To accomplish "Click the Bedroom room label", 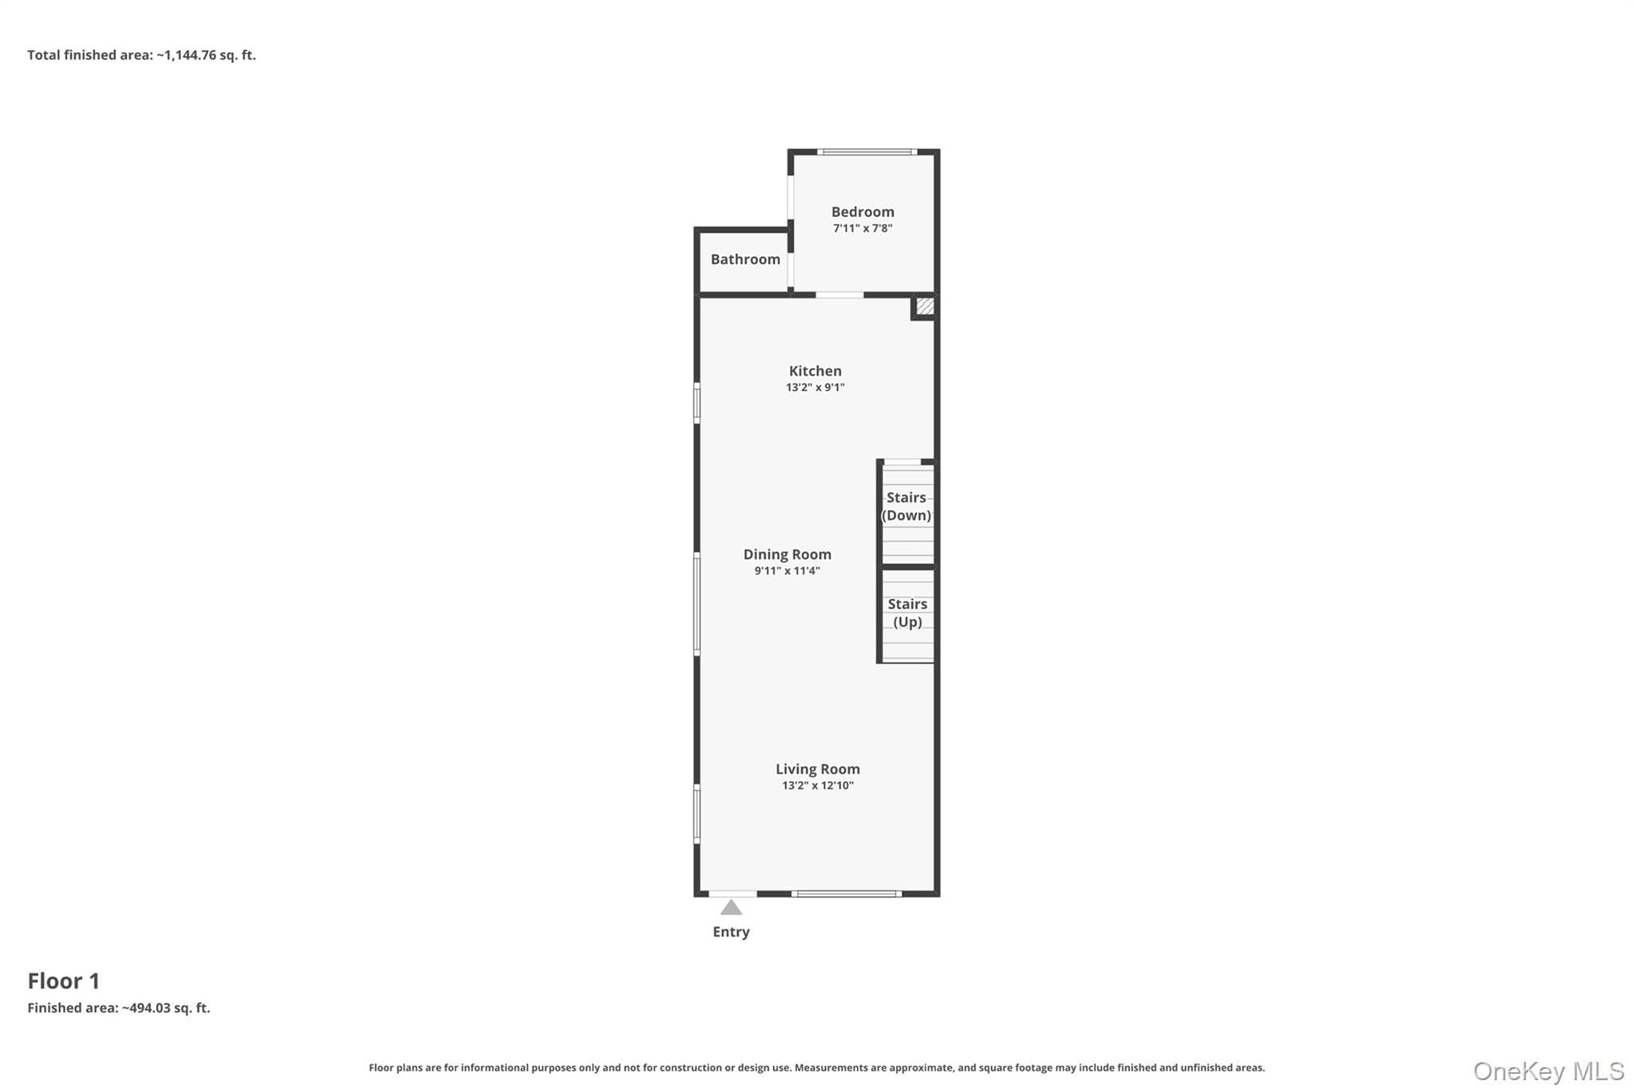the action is coord(862,212).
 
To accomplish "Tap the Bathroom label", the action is coord(745,259).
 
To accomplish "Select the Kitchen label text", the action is coord(815,371).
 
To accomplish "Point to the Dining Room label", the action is coord(787,554).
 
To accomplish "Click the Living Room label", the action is coord(818,769).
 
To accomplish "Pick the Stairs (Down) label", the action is coord(906,507).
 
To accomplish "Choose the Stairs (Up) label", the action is coord(907,613).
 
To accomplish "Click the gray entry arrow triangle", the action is coord(731,908).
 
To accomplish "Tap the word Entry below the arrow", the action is coord(731,932).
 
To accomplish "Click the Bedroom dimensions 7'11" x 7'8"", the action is coord(862,228).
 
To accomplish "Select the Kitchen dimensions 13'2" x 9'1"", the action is coord(815,388).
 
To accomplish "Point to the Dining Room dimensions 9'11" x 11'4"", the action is coord(787,571).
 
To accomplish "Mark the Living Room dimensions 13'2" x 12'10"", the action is coord(818,786).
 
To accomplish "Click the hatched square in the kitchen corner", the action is coord(925,306).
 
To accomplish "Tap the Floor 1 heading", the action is coord(64,980).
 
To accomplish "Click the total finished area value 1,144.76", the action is coord(187,55).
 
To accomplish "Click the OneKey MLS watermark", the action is coord(1549,1071).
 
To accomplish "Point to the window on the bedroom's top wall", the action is coord(866,152).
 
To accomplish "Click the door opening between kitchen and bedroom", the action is coord(839,295).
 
